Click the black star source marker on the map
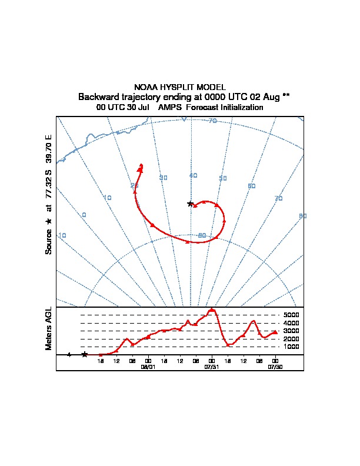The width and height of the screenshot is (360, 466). click(190, 204)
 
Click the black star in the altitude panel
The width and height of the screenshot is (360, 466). click(85, 354)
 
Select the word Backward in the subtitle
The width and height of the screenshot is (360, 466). click(98, 97)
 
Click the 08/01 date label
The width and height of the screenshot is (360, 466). click(148, 366)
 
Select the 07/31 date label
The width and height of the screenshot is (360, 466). click(212, 366)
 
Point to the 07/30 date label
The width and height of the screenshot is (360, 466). click(275, 366)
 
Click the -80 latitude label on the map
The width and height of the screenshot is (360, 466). click(202, 235)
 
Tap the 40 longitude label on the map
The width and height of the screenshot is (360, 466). click(193, 175)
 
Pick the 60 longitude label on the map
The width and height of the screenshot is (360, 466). click(252, 186)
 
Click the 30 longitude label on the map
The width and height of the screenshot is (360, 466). click(164, 178)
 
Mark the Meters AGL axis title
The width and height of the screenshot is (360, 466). click(49, 329)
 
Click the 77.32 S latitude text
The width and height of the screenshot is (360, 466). click(49, 185)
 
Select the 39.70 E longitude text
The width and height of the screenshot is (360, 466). click(49, 149)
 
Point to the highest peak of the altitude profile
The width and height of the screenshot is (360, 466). click(212, 309)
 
